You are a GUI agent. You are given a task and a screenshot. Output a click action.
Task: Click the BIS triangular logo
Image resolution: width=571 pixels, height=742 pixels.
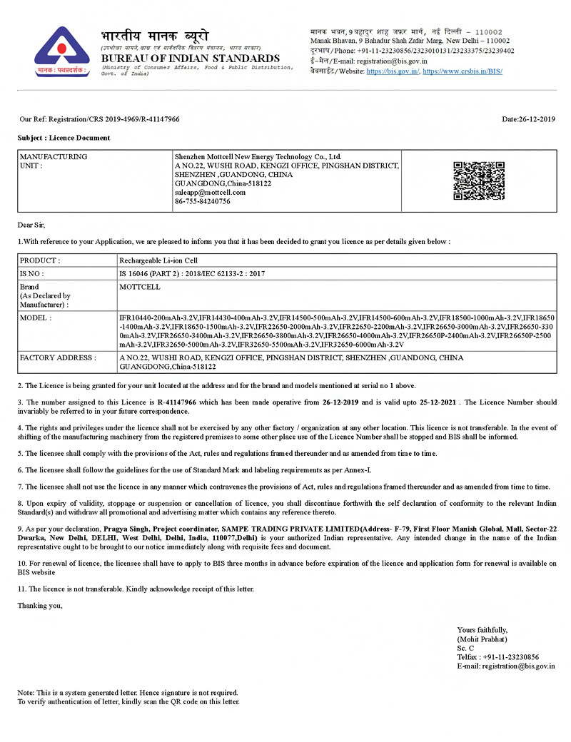coord(62,51)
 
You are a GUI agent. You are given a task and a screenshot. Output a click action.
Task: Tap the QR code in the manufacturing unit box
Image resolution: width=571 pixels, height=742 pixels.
coord(479,181)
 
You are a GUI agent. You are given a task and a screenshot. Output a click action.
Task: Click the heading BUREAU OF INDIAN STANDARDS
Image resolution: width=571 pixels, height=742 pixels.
coord(190,58)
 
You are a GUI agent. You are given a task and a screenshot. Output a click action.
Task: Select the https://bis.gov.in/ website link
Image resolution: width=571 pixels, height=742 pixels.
coord(393,71)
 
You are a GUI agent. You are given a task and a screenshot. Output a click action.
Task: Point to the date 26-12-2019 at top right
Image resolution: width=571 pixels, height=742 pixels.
coord(528,119)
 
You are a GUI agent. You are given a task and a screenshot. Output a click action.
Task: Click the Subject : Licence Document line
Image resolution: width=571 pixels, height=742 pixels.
coord(64,138)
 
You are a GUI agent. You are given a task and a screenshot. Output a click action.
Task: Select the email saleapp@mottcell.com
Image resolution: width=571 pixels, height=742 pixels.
coord(210,192)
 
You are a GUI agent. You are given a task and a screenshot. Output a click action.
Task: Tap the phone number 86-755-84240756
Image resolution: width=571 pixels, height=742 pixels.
coord(202,201)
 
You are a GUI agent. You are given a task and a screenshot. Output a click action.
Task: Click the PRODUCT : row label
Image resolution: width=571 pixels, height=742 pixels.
coord(40,260)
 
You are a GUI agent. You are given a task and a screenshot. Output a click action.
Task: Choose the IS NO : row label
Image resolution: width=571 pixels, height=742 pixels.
coord(32,273)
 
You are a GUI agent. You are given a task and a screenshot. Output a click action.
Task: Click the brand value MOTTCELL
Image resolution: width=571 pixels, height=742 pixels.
coord(140,287)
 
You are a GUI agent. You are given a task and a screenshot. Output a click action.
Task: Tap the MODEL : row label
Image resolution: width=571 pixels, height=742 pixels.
coord(36,317)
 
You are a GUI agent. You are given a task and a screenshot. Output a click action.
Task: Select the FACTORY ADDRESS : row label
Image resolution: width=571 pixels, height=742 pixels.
coord(57,357)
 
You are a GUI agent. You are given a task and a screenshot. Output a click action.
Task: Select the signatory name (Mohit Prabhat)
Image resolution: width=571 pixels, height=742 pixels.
coord(482,639)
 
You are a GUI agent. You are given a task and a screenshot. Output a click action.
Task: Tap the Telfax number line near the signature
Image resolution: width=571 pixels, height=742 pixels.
coord(497,657)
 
